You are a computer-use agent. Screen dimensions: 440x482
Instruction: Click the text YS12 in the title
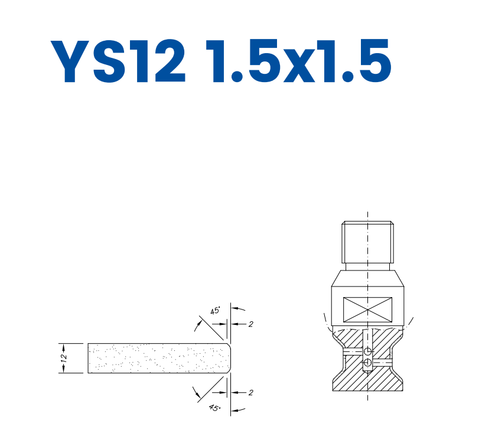[x=118, y=61]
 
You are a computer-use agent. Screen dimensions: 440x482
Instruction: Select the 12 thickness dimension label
[x=64, y=358]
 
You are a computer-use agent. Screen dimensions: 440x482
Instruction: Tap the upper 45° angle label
[x=215, y=311]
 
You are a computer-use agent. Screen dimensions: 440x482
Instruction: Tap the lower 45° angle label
[x=215, y=408]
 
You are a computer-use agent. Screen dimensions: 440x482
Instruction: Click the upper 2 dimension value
[x=250, y=324]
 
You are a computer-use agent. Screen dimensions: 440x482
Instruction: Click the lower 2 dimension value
[x=250, y=392]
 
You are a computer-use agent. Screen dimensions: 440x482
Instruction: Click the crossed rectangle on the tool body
[x=367, y=309]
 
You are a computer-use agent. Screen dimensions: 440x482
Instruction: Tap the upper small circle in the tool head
[x=367, y=351]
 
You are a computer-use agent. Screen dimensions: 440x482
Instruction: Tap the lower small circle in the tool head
[x=367, y=362]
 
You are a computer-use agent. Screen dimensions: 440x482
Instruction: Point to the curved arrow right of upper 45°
[x=239, y=308]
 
